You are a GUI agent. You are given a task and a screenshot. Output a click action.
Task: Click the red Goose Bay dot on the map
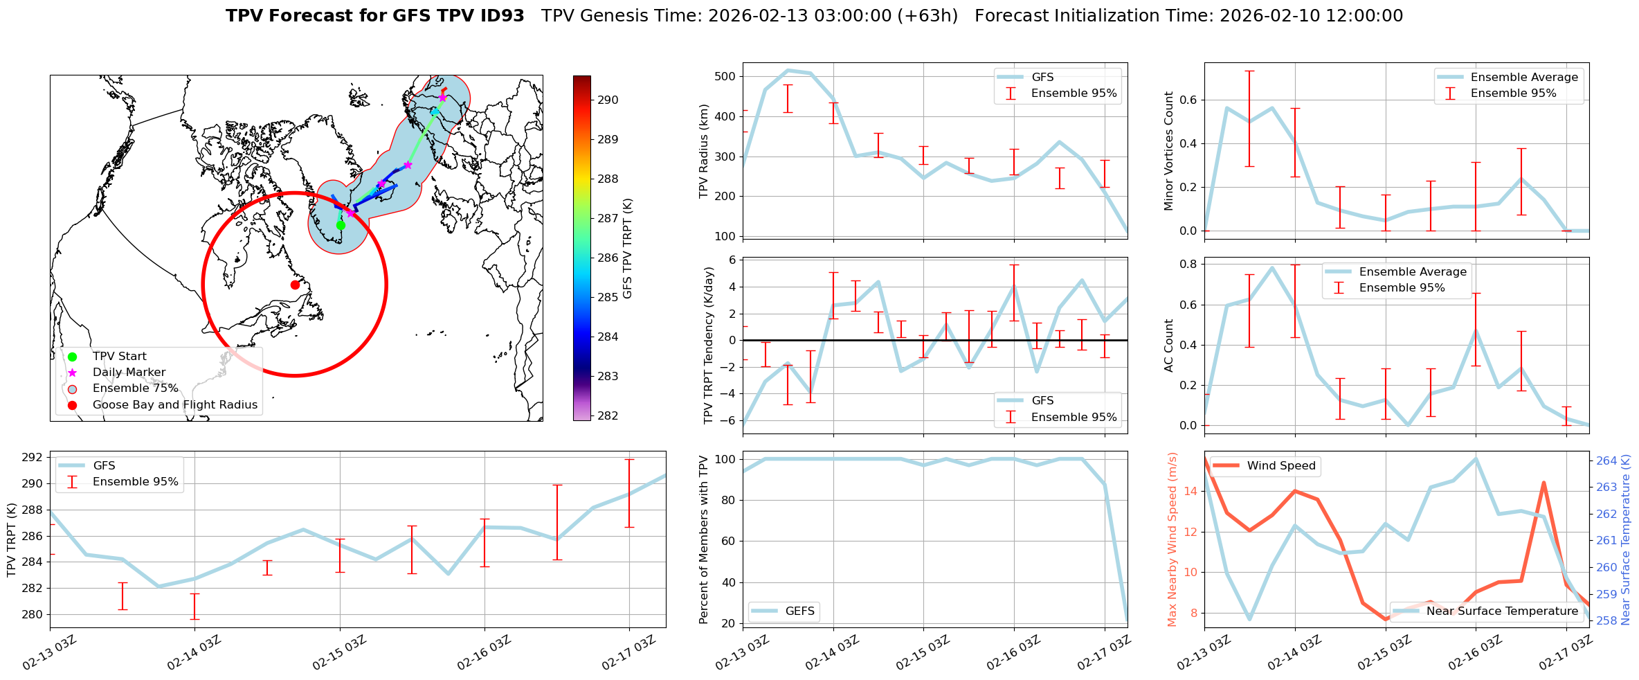click(295, 285)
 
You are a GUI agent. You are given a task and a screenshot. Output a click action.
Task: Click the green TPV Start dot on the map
click(341, 225)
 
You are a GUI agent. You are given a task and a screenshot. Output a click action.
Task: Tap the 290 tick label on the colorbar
click(608, 100)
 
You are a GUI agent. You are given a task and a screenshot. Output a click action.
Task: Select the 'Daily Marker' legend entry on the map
click(129, 373)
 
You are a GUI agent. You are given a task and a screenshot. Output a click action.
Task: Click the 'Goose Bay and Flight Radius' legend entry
click(174, 405)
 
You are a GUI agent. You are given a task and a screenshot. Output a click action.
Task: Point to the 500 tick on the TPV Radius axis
click(725, 76)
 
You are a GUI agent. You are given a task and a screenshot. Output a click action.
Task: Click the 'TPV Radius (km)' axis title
click(705, 151)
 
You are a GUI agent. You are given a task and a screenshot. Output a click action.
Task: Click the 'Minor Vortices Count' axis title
click(1168, 151)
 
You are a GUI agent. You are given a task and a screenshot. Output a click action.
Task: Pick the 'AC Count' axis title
click(1169, 346)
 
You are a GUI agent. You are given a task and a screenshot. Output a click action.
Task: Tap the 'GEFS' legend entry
click(799, 611)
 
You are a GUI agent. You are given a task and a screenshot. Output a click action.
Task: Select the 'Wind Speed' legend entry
click(1280, 466)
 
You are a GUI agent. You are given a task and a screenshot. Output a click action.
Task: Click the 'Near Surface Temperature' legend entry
click(1502, 611)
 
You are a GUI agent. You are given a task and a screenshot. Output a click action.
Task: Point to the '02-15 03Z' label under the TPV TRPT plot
click(339, 653)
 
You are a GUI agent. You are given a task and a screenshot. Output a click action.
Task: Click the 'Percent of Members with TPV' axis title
click(704, 539)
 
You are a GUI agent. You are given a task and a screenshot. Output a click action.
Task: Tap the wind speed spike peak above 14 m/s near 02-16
click(1543, 483)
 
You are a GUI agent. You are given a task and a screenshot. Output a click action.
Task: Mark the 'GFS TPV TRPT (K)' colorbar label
click(628, 249)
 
